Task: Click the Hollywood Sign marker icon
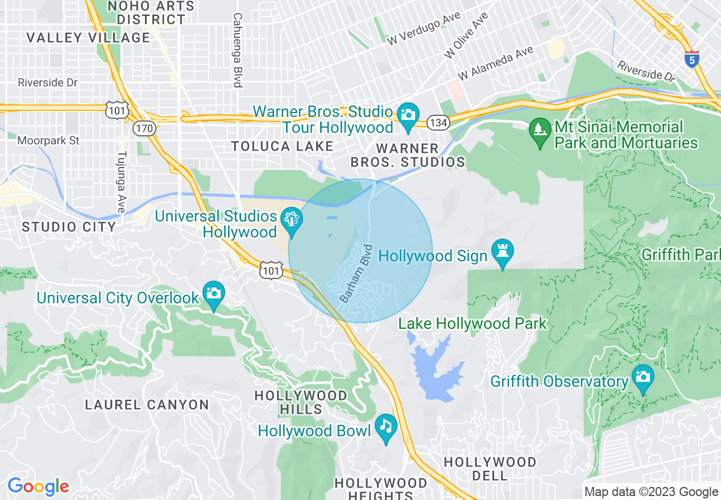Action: tap(502, 253)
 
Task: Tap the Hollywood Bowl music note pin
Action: tap(386, 428)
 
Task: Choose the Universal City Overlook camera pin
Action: tap(213, 295)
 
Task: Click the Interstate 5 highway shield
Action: tap(691, 59)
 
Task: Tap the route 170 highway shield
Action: tap(144, 128)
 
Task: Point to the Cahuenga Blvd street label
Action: tap(238, 50)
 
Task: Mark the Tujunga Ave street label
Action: tap(121, 182)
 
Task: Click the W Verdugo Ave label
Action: tap(424, 29)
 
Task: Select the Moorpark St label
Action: tap(48, 140)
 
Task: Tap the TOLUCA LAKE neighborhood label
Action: tap(283, 147)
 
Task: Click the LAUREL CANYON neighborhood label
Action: tap(147, 405)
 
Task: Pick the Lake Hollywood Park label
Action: tap(472, 324)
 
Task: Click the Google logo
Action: tap(38, 486)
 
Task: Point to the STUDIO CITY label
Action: tap(69, 227)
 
